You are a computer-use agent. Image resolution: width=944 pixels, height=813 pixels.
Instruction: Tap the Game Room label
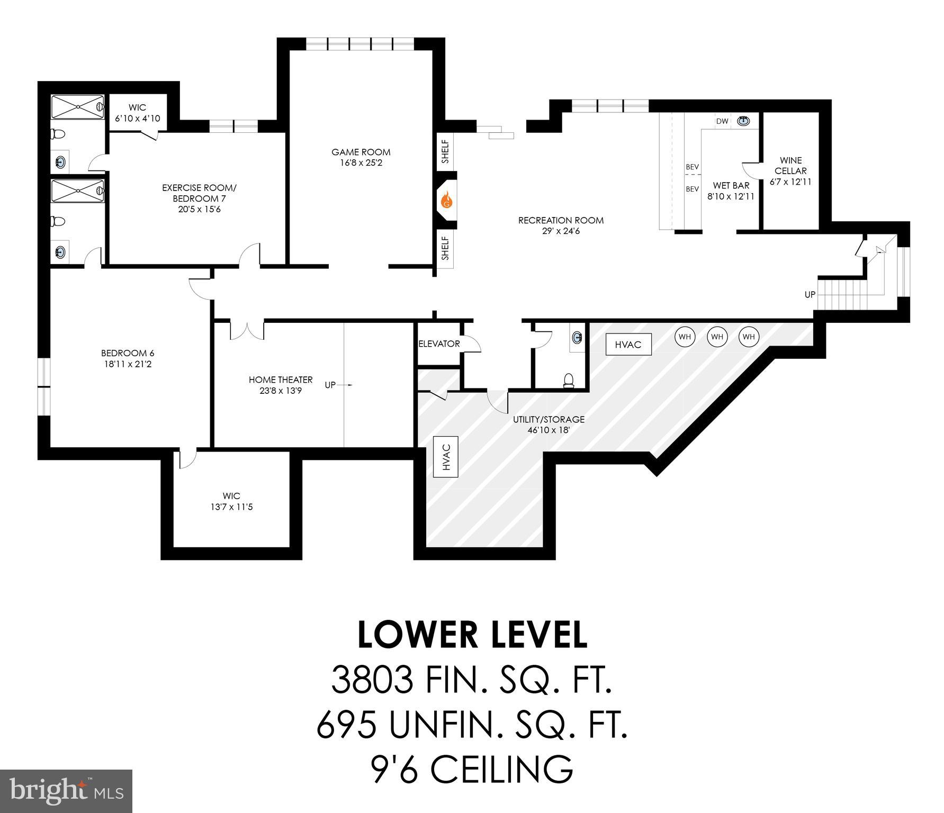[361, 152]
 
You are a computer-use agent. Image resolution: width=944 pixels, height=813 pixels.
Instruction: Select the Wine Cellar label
[790, 166]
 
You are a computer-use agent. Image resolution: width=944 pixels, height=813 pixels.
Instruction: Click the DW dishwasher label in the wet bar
[722, 121]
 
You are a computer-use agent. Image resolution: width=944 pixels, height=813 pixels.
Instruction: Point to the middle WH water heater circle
[717, 337]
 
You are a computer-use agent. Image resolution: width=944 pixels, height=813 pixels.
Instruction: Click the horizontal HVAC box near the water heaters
[628, 345]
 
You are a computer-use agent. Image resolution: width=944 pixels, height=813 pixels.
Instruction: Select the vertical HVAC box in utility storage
[446, 457]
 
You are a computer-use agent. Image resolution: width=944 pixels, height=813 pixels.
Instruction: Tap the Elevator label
[439, 344]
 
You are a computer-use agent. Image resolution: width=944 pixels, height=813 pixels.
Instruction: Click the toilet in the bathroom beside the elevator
[569, 380]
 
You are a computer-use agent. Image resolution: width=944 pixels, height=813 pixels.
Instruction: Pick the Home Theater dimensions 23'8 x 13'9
[281, 391]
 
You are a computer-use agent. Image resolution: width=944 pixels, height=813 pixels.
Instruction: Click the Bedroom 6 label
[128, 353]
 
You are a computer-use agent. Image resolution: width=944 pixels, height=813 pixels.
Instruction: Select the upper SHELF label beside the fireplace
[445, 151]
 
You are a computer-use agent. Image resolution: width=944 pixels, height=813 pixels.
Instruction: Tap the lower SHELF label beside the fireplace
[445, 248]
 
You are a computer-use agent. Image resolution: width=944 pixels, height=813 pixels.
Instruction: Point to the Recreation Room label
[561, 220]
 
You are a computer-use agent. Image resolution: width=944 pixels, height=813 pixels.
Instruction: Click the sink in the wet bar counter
[744, 121]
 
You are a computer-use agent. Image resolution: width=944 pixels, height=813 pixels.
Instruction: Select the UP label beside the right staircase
[810, 295]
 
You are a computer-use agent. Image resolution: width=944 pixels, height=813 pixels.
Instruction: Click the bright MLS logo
[66, 791]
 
